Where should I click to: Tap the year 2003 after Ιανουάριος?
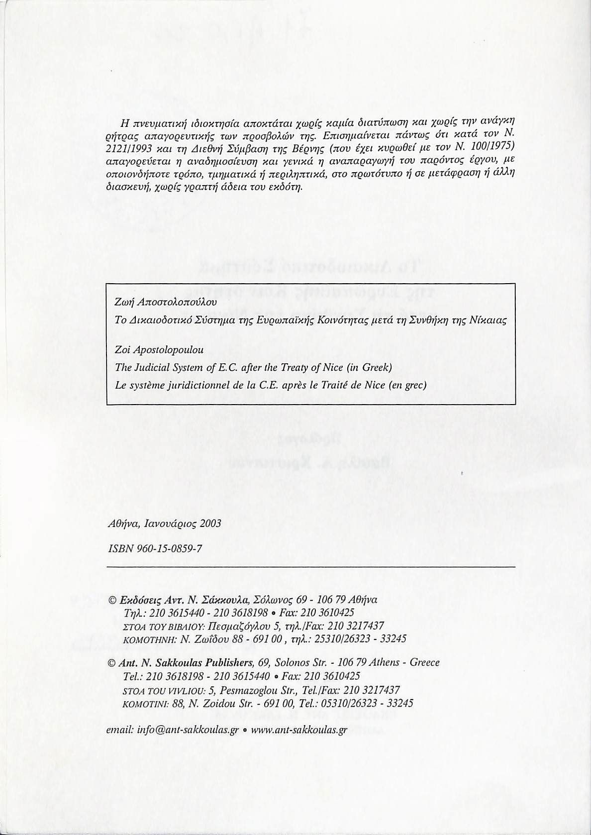coord(210,523)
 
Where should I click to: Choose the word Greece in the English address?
coord(423,662)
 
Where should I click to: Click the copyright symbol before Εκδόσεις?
coord(112,600)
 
